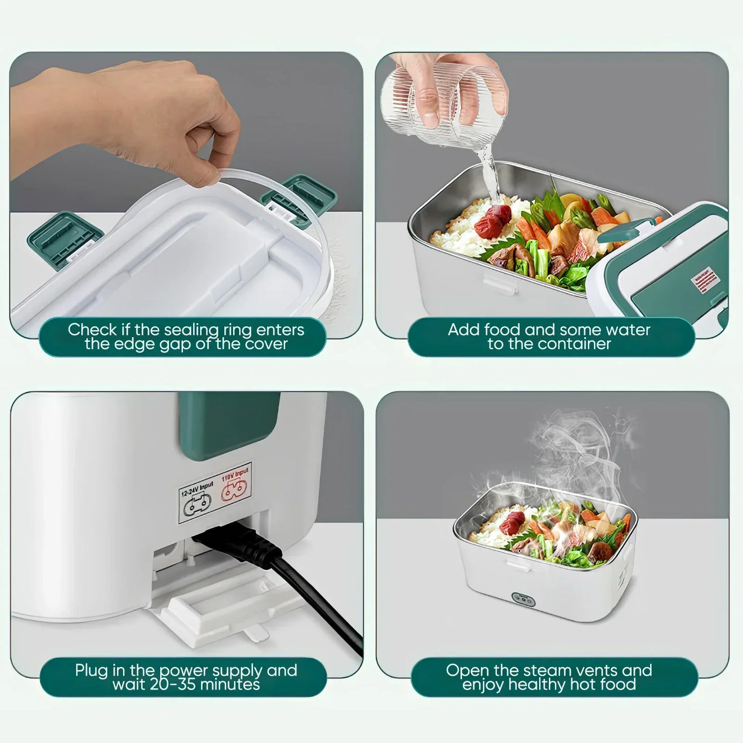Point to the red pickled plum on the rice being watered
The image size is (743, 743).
(x=493, y=221)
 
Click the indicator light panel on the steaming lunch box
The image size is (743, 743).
(x=523, y=599)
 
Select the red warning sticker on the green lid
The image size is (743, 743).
(x=702, y=282)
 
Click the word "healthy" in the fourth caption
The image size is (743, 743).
(x=531, y=684)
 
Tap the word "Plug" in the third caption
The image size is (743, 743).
(x=91, y=670)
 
